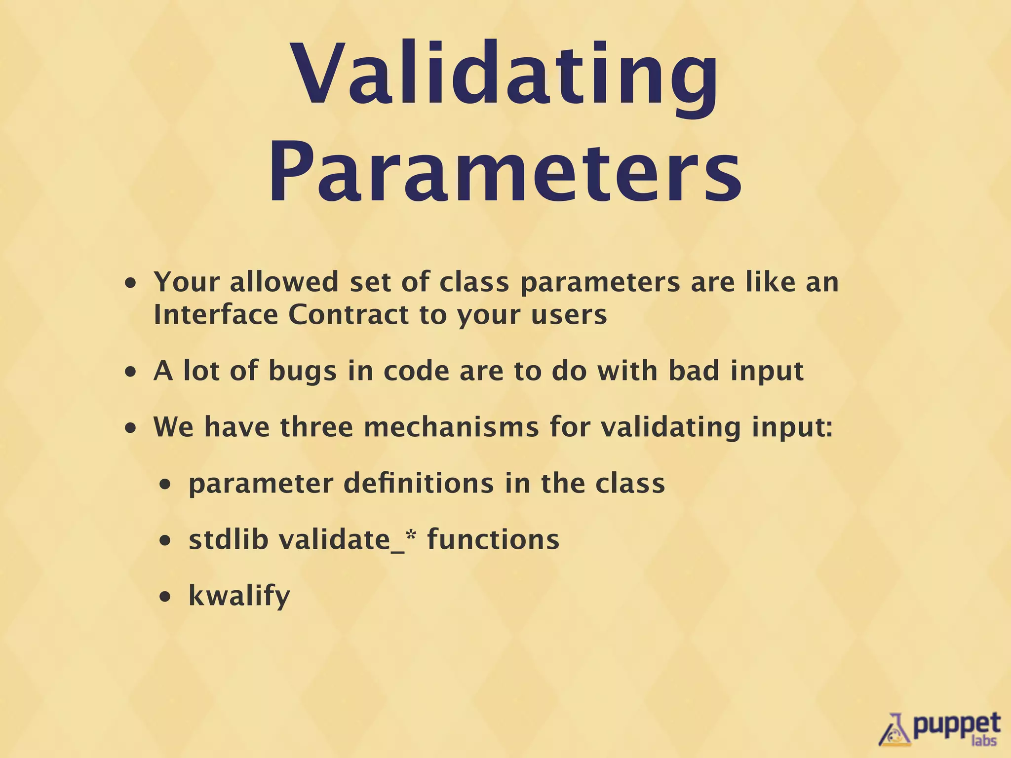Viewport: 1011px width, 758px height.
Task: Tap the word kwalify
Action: [239, 596]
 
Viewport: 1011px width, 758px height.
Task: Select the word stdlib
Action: [229, 539]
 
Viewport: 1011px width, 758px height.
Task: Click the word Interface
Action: [216, 314]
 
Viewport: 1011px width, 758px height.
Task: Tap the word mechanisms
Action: [451, 427]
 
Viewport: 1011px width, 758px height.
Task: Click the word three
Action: [316, 427]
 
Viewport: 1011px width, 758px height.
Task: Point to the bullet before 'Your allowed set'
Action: [130, 284]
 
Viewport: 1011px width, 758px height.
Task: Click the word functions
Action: [493, 539]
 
